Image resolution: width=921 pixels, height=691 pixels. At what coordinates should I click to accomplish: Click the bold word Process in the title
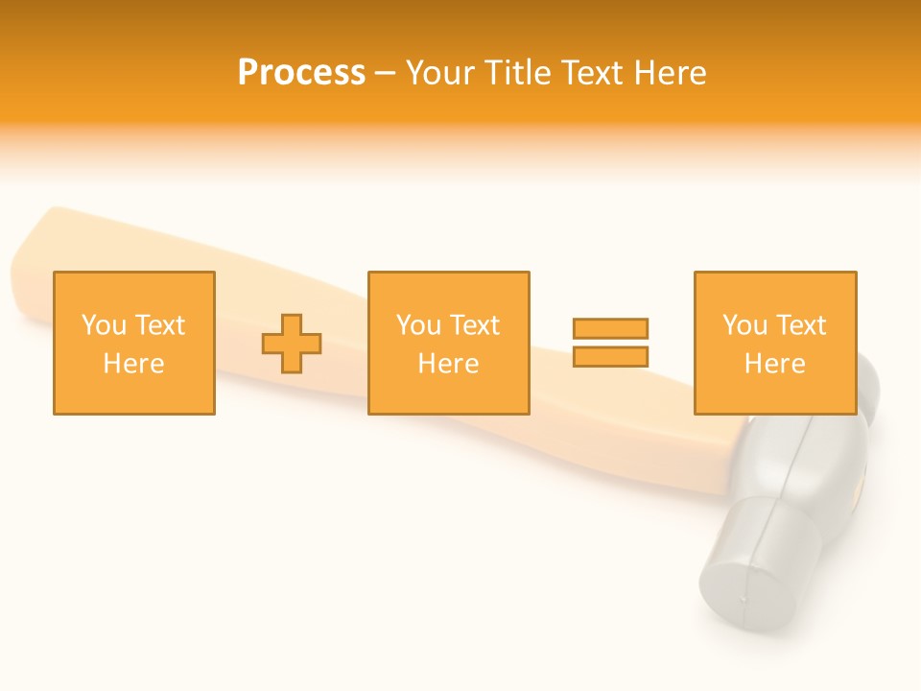(x=301, y=73)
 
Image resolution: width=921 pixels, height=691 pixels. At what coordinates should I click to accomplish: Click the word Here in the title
(x=669, y=73)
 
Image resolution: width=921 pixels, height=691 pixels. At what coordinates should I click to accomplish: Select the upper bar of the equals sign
(x=610, y=329)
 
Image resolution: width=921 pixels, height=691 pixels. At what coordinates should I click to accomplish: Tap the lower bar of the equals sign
(x=610, y=357)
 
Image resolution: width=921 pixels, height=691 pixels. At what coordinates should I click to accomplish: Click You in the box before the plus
(x=104, y=325)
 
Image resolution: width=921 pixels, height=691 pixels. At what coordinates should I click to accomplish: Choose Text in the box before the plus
(x=159, y=325)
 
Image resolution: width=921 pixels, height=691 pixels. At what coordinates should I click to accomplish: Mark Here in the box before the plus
(x=133, y=364)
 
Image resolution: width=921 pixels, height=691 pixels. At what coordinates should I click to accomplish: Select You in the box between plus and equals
(x=418, y=325)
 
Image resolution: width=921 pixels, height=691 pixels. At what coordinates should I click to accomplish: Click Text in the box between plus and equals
(x=474, y=325)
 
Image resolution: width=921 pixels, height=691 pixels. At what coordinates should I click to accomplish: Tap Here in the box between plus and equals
(x=448, y=364)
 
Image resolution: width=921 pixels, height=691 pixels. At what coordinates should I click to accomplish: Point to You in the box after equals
(x=744, y=325)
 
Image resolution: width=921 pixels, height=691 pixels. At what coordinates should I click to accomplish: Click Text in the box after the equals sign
(x=800, y=325)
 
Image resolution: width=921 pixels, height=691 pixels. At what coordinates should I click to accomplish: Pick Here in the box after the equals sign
(x=774, y=364)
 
